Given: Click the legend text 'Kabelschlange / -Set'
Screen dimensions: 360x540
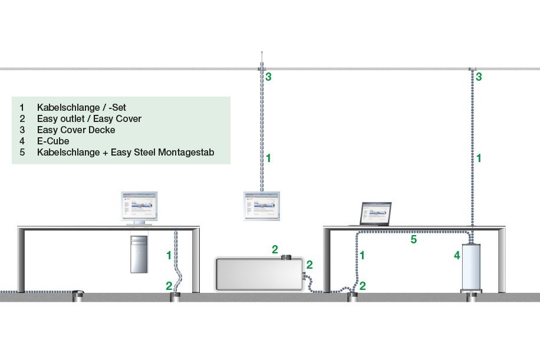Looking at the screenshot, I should pos(81,108).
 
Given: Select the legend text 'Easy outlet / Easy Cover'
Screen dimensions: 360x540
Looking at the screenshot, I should pos(89,119).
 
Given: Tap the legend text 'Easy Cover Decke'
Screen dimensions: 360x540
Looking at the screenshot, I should pos(76,130).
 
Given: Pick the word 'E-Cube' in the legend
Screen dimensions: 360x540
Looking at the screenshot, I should pos(53,141).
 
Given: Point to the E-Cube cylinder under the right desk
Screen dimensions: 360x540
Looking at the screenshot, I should pos(472,266).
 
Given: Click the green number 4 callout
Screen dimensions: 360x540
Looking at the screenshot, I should pos(456,256).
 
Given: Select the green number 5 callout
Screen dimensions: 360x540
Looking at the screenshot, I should pos(413,240).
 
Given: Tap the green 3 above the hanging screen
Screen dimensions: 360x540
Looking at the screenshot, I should pos(268,77).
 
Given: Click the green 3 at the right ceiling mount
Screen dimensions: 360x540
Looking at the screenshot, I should pos(479,77).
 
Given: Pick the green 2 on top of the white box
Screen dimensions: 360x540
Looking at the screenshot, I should pos(275,250).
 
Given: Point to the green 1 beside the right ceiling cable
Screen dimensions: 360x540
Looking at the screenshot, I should pos(479,158).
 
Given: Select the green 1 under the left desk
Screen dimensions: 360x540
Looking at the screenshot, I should pos(169,255).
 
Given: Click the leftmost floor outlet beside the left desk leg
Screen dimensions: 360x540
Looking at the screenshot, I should pos(78,295).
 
